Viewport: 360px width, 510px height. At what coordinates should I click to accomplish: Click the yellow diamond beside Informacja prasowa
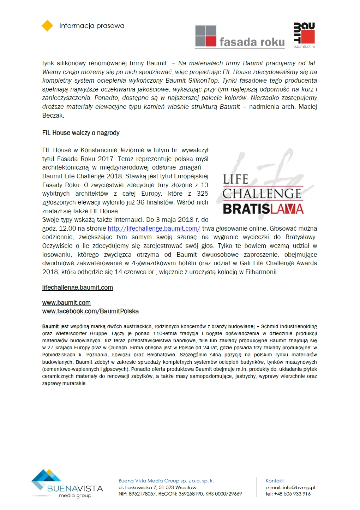(x=47, y=26)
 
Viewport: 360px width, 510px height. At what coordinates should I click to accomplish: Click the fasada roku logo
(x=240, y=36)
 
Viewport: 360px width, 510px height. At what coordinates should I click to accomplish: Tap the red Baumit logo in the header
(x=304, y=35)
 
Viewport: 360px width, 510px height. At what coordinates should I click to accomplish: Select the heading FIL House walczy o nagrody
(x=81, y=133)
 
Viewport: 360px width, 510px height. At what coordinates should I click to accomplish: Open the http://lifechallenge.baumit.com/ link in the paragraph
(x=154, y=229)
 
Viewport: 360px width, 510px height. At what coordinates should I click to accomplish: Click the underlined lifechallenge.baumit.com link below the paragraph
(x=78, y=287)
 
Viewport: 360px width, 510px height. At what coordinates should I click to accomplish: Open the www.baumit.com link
(x=66, y=303)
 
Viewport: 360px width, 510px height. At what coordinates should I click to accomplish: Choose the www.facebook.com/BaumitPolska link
(x=90, y=311)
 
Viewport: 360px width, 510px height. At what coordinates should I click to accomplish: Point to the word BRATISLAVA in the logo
(x=263, y=208)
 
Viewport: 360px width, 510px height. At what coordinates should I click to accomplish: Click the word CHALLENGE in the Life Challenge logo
(x=262, y=194)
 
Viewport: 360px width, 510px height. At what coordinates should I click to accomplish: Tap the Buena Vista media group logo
(x=67, y=484)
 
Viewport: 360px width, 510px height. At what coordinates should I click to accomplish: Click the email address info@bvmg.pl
(x=299, y=487)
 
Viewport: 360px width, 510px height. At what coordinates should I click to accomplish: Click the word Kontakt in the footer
(x=275, y=481)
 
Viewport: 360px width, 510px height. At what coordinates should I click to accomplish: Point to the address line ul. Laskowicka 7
(x=157, y=487)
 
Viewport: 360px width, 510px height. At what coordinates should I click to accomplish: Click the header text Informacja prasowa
(x=92, y=26)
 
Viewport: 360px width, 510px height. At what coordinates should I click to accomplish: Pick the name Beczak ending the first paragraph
(x=53, y=115)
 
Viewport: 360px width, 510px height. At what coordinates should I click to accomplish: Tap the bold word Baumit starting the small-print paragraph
(x=50, y=326)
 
